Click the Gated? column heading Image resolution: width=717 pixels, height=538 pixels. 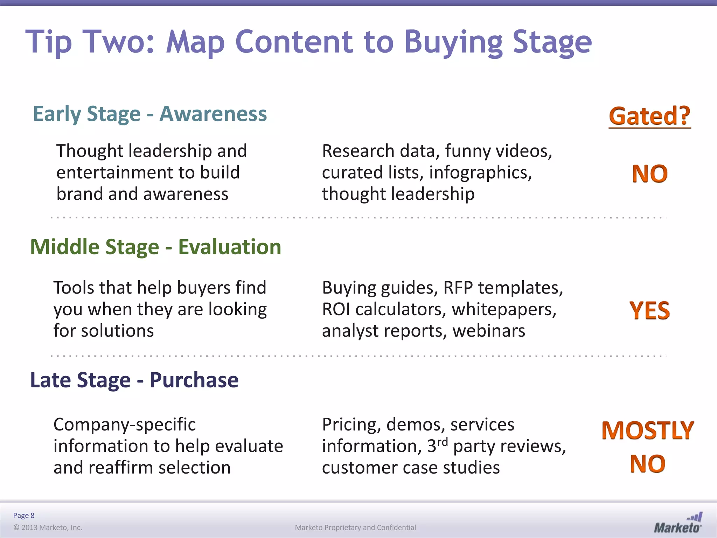pos(649,116)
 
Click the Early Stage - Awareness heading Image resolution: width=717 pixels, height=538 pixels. pos(150,114)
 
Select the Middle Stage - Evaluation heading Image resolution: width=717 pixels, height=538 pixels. pos(156,247)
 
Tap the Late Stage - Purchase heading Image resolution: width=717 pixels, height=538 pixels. pos(134,380)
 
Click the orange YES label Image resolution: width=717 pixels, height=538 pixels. pos(649,311)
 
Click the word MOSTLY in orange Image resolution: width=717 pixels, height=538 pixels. pos(648,430)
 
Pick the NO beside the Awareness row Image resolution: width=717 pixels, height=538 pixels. pos(650,174)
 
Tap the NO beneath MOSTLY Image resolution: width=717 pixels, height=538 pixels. pos(648,464)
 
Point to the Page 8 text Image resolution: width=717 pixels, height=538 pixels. pos(24,515)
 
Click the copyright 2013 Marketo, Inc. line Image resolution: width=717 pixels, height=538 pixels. pos(48,527)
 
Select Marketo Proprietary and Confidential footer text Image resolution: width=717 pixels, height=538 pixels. pos(355,527)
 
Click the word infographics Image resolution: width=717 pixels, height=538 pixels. pos(480,173)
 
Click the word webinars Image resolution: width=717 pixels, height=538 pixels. pos(489,331)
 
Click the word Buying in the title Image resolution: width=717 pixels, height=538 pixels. pos(454,43)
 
